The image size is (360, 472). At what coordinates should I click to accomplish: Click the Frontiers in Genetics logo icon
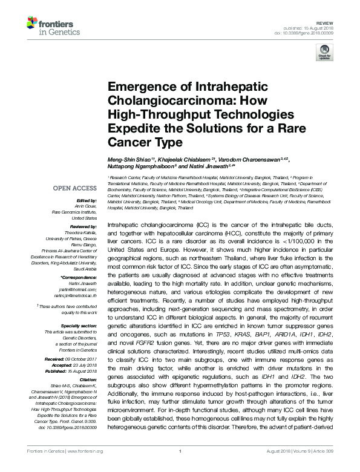pos(33,24)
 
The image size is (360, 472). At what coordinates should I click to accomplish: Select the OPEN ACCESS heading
pos(75,188)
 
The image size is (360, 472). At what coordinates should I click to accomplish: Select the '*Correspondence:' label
pos(80,277)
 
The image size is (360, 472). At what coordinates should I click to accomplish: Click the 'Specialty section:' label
pos(79,326)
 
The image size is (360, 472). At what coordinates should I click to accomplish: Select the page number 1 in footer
pos(180,467)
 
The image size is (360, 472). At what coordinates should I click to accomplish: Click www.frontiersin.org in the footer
pos(86,467)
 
